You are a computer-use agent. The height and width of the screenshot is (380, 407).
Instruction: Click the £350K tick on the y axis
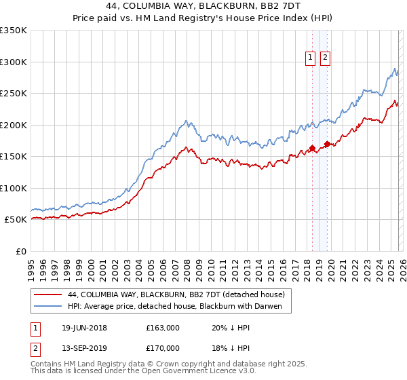[x=14, y=31]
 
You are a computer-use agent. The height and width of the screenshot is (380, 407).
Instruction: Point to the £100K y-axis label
[x=14, y=188]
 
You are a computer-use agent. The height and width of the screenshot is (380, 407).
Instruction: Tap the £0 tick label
[x=20, y=251]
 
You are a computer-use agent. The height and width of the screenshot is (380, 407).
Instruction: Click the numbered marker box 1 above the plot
[x=311, y=58]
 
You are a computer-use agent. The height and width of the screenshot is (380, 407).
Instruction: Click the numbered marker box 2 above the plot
[x=326, y=58]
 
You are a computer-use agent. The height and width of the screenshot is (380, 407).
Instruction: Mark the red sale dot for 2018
[x=312, y=148]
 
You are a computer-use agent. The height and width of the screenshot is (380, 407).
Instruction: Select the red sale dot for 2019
[x=327, y=144]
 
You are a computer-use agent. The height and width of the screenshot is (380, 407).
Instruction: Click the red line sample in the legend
[x=48, y=294]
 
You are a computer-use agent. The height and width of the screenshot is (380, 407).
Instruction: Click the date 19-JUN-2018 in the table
[x=84, y=328]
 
